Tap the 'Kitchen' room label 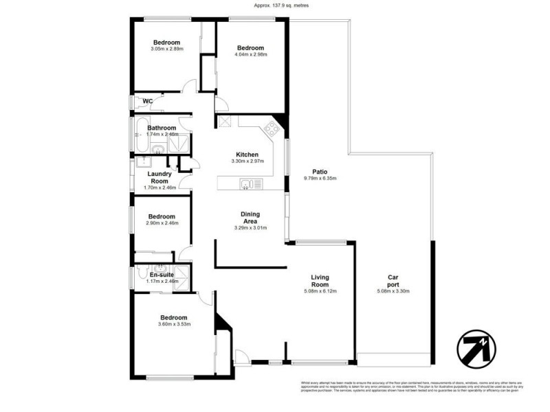click(247, 154)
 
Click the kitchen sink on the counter click(246, 183)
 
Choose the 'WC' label click(147, 102)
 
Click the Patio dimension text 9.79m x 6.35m click(320, 179)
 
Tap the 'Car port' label click(394, 281)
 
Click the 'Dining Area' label click(250, 218)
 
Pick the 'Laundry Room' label click(159, 178)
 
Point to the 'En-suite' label click(162, 275)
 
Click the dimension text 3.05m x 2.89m click(166, 49)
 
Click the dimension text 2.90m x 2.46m click(162, 222)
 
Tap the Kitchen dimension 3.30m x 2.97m click(247, 161)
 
